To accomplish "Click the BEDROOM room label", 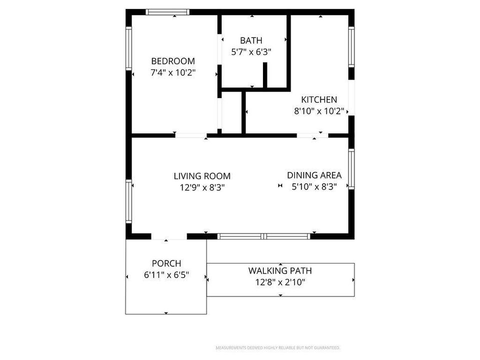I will [173, 61].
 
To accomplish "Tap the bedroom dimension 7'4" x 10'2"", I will [173, 72].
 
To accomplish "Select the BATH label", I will [251, 40].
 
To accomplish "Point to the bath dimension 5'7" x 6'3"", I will [251, 51].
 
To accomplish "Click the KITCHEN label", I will [318, 99].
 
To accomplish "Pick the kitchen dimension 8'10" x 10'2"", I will [319, 111].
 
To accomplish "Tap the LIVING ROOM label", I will [202, 176].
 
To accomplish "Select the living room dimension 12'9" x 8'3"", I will [202, 187].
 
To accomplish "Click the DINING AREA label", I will [314, 175].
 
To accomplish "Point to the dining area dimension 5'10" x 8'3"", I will [314, 186].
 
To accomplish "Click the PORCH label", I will [166, 263].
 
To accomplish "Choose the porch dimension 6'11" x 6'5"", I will [166, 275].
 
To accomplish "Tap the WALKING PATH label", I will [280, 271].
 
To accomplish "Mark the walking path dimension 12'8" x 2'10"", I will [280, 282].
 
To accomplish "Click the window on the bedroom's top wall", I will [167, 12].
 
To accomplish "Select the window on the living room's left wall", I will [128, 201].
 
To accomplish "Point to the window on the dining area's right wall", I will [351, 169].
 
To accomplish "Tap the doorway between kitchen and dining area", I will [312, 135].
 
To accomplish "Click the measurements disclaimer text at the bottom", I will [277, 347].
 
